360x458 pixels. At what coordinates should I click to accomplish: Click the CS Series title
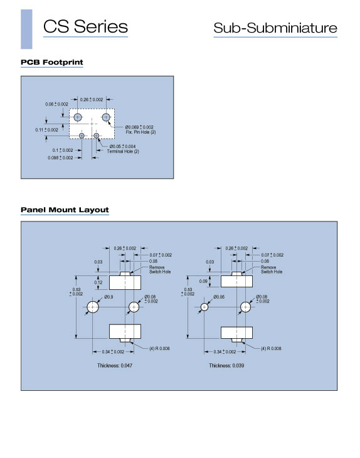tap(85, 26)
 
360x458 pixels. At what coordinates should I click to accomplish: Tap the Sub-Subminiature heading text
tap(275, 28)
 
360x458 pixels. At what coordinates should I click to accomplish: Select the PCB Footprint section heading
tap(51, 62)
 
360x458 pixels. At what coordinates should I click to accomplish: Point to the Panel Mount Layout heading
tap(65, 210)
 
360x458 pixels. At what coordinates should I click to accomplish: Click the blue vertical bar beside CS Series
tap(26, 29)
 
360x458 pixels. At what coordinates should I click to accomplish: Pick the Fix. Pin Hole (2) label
tap(140, 132)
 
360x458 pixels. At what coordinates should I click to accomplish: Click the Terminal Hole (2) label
tap(123, 151)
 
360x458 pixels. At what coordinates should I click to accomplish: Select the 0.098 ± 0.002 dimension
tap(60, 157)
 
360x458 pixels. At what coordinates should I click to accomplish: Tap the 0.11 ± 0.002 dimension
tap(46, 130)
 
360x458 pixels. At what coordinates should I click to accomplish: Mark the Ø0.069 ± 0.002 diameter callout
tap(139, 127)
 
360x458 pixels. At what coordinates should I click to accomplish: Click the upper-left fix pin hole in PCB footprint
tap(77, 117)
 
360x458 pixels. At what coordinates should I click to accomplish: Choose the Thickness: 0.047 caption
tap(115, 365)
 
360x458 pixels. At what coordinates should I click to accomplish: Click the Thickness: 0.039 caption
tap(226, 365)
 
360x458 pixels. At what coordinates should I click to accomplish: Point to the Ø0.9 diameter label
tap(109, 297)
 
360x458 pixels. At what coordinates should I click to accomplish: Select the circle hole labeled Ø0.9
tap(93, 307)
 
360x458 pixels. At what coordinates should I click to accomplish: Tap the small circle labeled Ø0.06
tap(204, 307)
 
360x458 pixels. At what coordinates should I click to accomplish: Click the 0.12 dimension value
tap(98, 282)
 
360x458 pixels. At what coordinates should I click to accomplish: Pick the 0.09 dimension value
tap(203, 281)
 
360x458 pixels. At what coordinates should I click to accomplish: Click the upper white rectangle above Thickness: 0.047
tap(125, 282)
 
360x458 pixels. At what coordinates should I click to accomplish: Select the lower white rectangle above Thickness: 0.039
tap(237, 333)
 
